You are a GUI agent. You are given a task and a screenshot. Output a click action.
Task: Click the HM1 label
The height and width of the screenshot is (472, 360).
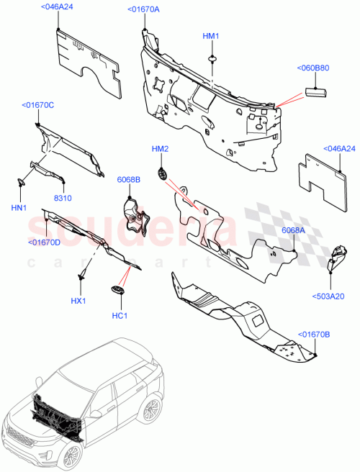210,36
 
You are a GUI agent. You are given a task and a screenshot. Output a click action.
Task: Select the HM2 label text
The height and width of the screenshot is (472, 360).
160,149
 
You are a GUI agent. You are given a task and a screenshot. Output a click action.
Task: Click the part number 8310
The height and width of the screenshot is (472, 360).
63,197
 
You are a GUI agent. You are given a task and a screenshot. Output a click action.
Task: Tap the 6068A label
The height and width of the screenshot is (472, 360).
294,230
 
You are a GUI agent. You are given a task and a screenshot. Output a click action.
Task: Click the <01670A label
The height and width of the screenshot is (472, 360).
143,9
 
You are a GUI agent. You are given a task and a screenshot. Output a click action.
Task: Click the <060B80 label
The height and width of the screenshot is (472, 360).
312,69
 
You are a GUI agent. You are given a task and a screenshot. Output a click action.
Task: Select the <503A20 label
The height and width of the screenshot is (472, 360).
330,294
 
